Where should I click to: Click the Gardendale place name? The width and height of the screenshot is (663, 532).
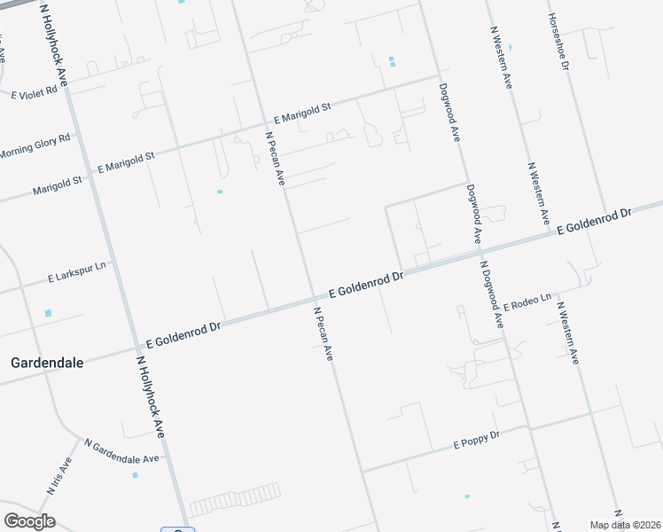tap(46, 362)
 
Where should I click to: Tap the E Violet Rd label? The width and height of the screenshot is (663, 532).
tap(34, 91)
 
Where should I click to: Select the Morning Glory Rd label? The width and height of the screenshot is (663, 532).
tap(35, 145)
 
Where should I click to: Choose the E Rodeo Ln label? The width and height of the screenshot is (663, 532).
tap(527, 301)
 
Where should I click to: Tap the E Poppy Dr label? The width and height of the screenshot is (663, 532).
tap(477, 438)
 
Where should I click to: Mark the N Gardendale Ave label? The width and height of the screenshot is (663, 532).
tap(121, 450)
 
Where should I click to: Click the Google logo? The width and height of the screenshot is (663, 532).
tap(29, 520)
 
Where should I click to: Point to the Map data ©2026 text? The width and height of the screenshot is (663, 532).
tap(625, 525)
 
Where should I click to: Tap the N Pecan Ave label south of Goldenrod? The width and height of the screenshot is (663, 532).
tap(323, 332)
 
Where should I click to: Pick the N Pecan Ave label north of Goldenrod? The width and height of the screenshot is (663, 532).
tap(275, 158)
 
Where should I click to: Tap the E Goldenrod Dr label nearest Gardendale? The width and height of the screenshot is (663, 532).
tap(183, 334)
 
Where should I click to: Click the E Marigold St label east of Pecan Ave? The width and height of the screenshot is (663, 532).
tap(302, 112)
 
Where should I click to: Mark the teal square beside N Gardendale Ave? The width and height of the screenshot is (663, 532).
tap(135, 474)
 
